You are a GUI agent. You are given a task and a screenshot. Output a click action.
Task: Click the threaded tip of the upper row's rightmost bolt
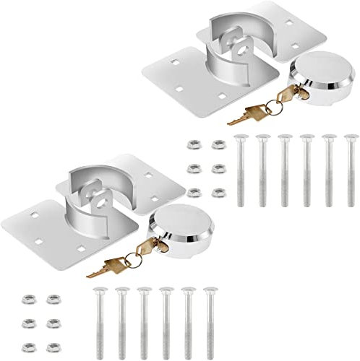[352, 205]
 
